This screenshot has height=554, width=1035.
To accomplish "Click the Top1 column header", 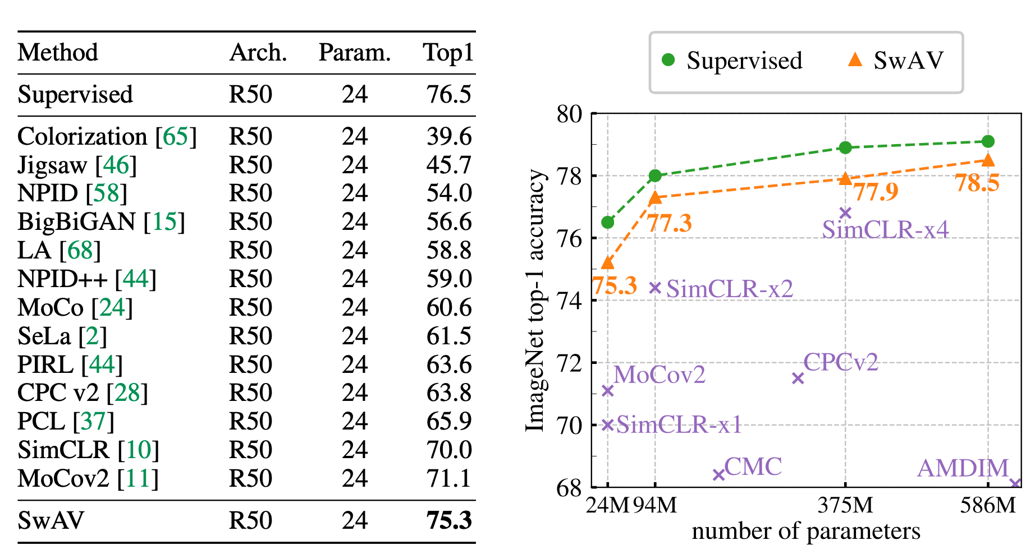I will coord(448,53).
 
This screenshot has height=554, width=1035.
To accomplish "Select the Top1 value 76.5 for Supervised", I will coord(448,94).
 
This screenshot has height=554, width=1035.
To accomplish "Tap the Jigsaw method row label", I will coord(52,165).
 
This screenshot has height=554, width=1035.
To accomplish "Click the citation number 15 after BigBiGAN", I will coord(164,222).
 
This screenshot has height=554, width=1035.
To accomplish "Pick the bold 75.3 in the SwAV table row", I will coord(448,520).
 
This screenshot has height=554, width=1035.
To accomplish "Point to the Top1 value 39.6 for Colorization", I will coord(448,136).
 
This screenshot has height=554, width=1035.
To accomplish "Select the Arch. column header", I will coord(258,53).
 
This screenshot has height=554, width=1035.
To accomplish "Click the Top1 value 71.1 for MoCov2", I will coord(448,478).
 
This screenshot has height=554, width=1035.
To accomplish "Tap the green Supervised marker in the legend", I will coord(668,60).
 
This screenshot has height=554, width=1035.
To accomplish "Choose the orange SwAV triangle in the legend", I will coord(855,59).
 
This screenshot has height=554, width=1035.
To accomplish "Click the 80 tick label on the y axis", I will coord(569,114).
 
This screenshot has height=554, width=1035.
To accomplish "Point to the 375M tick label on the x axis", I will coord(845,506).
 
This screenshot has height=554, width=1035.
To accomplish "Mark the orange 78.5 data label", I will coord(977,183).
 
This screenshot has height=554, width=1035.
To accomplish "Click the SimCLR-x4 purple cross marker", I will coord(845,213).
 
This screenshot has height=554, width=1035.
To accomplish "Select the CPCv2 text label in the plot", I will coord(840,362).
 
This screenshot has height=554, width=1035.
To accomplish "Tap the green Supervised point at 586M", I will coord(988,141).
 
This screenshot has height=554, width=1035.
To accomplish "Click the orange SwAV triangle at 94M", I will coord(655,197).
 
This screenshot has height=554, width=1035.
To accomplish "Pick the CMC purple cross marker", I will coord(718,475).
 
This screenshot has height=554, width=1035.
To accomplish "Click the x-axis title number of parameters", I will coord(806,531).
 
